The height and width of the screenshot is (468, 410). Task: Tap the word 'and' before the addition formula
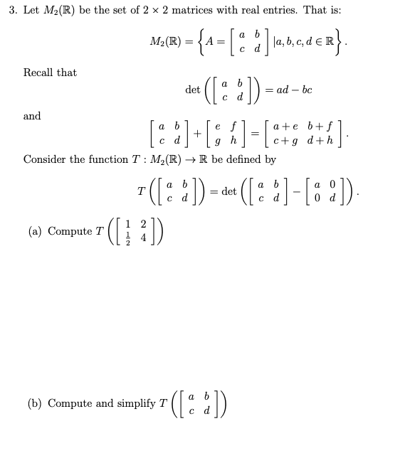click(32, 116)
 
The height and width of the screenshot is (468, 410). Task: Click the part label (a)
click(36, 231)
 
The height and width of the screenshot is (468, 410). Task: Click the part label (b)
click(36, 403)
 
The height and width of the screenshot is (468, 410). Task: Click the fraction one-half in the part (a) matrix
click(128, 238)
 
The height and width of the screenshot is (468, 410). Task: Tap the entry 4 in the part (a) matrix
click(143, 238)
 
